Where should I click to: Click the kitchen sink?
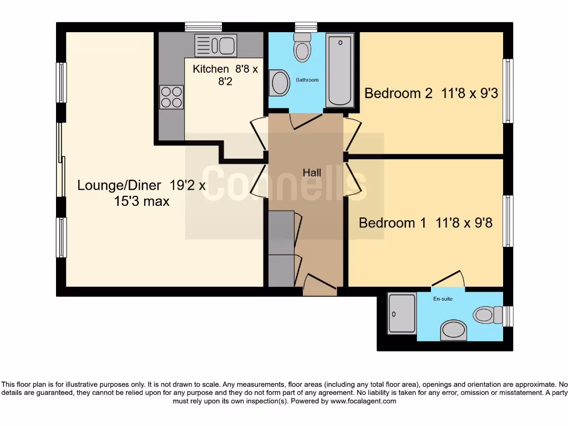click(x=216, y=45)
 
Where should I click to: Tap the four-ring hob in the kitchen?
click(x=171, y=97)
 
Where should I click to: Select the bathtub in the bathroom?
click(x=339, y=70)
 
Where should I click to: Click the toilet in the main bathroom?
click(x=302, y=47)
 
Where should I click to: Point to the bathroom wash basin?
click(x=280, y=84)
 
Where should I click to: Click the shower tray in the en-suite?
click(x=402, y=313)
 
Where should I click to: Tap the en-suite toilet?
click(x=487, y=316)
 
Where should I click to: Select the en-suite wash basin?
click(x=454, y=331)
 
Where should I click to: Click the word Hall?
click(x=312, y=173)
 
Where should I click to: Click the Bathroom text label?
click(x=307, y=80)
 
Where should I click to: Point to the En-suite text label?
click(x=442, y=299)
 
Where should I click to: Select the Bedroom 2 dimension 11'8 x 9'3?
click(x=469, y=93)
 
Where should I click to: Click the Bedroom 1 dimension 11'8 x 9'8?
click(x=464, y=223)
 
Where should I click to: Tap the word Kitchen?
click(x=211, y=69)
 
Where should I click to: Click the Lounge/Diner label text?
click(x=119, y=185)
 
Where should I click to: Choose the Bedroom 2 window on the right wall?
click(x=508, y=90)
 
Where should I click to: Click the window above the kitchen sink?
click(x=203, y=27)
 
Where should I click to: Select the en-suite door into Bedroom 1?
click(x=448, y=280)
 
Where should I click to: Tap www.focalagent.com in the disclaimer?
click(x=364, y=401)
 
